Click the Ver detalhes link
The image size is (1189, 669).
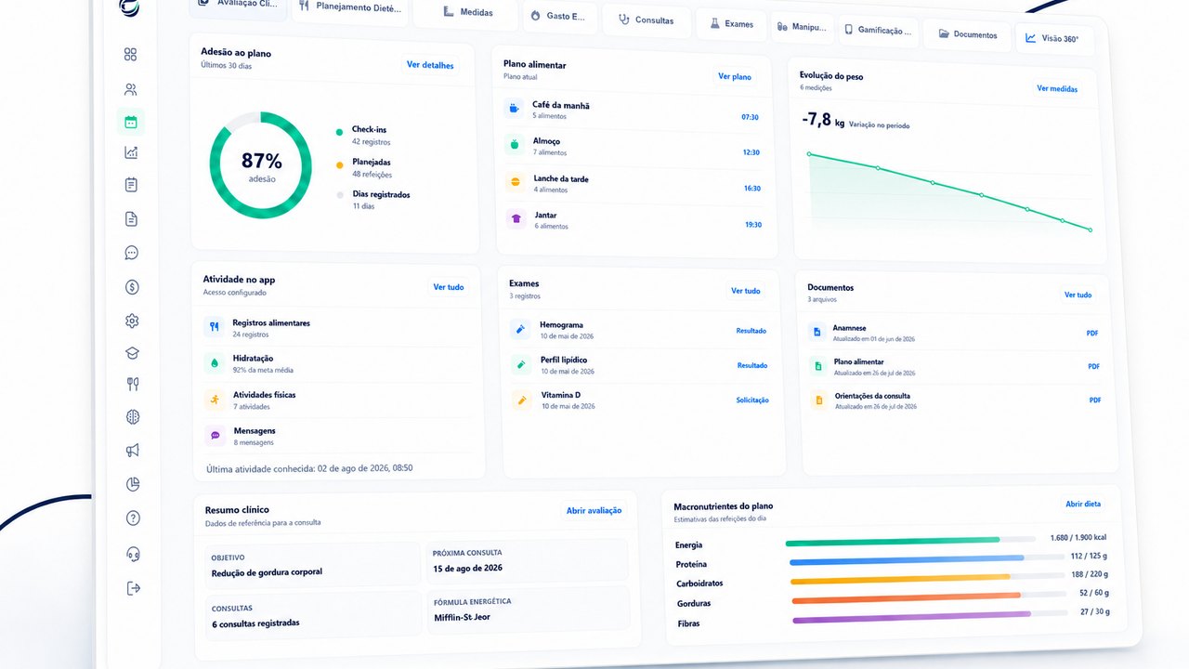(x=430, y=65)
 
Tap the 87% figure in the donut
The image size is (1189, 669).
(x=262, y=161)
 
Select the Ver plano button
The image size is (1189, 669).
(x=735, y=76)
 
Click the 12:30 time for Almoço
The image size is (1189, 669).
(x=751, y=152)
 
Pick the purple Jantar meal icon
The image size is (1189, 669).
(x=516, y=218)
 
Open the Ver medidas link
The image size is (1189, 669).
(x=1057, y=88)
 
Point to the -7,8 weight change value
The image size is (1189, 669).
(x=817, y=120)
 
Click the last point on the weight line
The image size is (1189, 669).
(x=1091, y=230)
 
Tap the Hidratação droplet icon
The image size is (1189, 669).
(x=215, y=363)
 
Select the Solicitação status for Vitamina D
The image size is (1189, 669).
(x=752, y=400)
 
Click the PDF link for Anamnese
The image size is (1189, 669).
(x=1091, y=333)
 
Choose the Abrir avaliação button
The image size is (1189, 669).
(x=594, y=510)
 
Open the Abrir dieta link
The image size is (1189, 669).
(x=1083, y=504)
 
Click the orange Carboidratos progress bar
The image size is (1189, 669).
(x=900, y=579)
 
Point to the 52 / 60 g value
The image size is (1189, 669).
(x=1094, y=593)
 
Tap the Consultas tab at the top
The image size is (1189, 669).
(x=647, y=20)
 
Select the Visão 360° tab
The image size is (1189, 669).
(x=1052, y=38)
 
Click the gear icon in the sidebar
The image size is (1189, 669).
(x=132, y=321)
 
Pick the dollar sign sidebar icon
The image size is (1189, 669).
(x=132, y=287)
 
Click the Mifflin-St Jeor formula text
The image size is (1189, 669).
(x=462, y=618)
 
